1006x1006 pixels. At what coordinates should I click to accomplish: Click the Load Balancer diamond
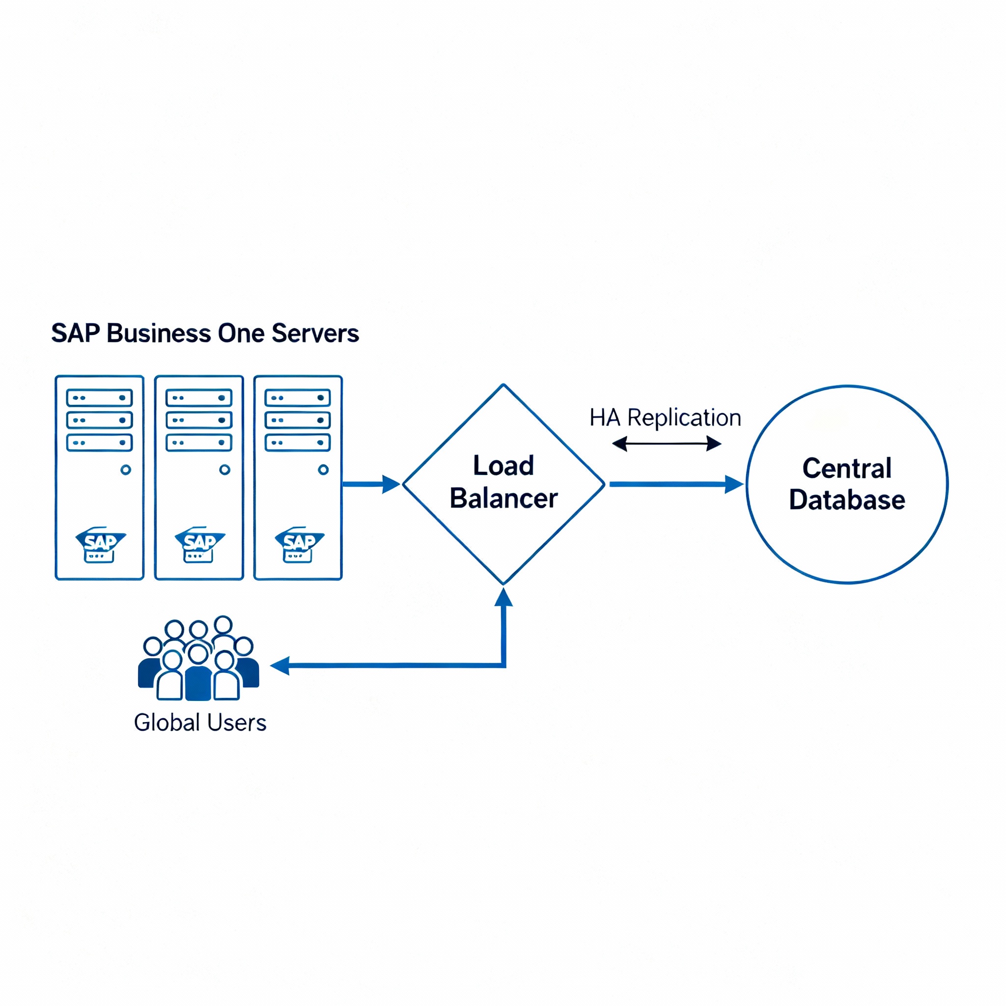pos(503,484)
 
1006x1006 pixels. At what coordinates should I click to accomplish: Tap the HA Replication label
pos(665,418)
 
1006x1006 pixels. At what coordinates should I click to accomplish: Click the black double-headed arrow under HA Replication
pos(666,444)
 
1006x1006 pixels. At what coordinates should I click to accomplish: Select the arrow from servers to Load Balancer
pos(370,484)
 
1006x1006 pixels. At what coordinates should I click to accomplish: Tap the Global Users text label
pos(200,723)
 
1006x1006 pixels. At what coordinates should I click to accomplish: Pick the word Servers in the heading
pos(315,333)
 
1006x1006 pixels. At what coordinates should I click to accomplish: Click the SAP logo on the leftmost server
pos(100,544)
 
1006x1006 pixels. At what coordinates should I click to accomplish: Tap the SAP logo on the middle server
pos(199,544)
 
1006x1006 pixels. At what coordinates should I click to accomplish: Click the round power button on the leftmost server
pos(125,470)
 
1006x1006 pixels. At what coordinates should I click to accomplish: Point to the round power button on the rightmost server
pos(323,470)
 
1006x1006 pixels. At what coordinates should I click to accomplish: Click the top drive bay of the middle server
pos(199,398)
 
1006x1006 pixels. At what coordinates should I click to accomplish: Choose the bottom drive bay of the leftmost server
pos(99,443)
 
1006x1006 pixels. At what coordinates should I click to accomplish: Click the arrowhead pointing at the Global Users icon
pos(280,666)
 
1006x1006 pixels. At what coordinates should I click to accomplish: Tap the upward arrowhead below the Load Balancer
pos(503,598)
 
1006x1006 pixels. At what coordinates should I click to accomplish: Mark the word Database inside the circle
pos(847,500)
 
